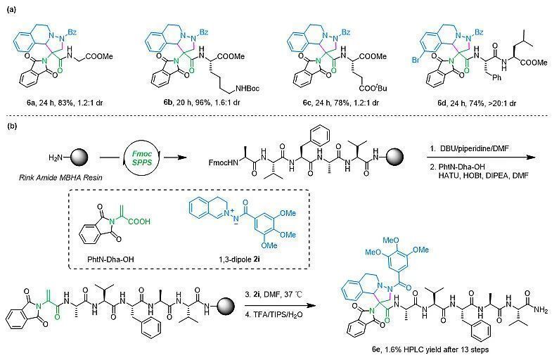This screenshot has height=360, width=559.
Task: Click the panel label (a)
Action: (x=11, y=10)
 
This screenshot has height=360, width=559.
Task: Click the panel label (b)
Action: (x=11, y=126)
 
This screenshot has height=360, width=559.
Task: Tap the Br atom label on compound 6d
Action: (x=416, y=60)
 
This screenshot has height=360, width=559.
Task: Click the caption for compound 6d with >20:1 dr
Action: (x=477, y=103)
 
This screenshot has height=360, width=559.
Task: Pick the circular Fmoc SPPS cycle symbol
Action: (x=142, y=157)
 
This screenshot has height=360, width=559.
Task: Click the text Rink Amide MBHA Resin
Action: (x=60, y=177)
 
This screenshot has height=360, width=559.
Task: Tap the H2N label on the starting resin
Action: (x=56, y=157)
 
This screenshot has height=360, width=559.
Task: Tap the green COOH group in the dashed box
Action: (x=140, y=221)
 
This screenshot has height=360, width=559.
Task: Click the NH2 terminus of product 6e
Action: (x=540, y=311)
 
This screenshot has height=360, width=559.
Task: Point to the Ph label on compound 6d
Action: (x=496, y=77)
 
